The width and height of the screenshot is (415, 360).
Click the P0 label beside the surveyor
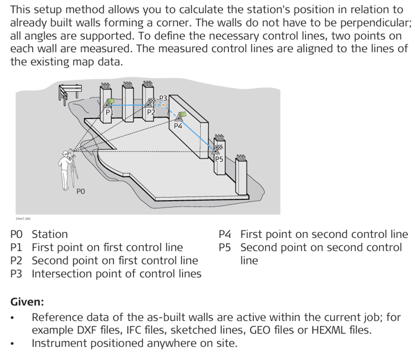coord(81,191)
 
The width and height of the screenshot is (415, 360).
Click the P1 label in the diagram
coord(108,113)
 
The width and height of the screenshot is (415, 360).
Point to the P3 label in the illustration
coord(164,98)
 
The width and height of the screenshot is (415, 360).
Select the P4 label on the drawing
coord(178,126)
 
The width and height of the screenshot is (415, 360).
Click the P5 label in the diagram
coord(219,159)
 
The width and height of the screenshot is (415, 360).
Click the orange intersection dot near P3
coord(164,105)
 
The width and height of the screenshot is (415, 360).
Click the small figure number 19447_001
coord(23,218)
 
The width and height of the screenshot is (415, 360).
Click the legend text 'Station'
coord(50,234)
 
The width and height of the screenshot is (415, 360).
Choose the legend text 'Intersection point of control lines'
coord(116,274)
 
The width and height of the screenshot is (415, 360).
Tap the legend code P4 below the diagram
coord(225,234)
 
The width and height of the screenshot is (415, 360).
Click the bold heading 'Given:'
coord(27,302)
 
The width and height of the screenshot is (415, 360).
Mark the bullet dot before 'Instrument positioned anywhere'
coord(14,343)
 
